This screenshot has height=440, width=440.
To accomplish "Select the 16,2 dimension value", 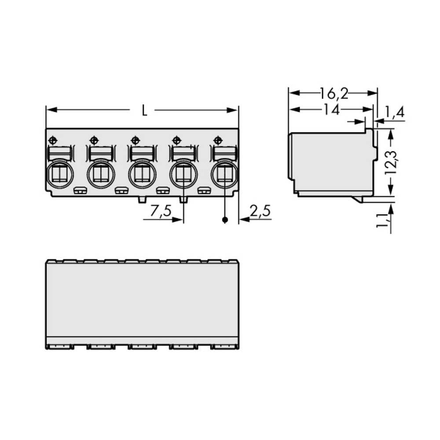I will coord(334,93).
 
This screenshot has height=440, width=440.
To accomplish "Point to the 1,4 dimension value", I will coord(394,113).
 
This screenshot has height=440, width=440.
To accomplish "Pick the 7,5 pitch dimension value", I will coord(161,211).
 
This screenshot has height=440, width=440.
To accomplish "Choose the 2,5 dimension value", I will coord(260,211).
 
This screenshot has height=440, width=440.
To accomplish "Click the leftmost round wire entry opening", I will coord(59,175).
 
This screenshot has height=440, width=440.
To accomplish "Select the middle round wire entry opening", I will coord(142,175).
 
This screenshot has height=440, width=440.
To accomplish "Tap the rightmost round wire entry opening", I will coord(224,175).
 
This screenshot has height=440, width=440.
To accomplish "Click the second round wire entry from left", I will coord(101,175).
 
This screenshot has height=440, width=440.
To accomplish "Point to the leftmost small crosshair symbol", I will coord(52,140).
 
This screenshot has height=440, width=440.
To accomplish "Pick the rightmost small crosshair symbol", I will coord(217,140).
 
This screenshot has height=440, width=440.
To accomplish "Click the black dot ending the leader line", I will coord(225,220).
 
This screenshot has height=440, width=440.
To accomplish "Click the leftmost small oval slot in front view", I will coord(80,191).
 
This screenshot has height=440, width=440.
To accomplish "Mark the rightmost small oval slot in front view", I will coord(203,191).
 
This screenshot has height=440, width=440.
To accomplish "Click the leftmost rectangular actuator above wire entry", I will coord(59,154).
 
